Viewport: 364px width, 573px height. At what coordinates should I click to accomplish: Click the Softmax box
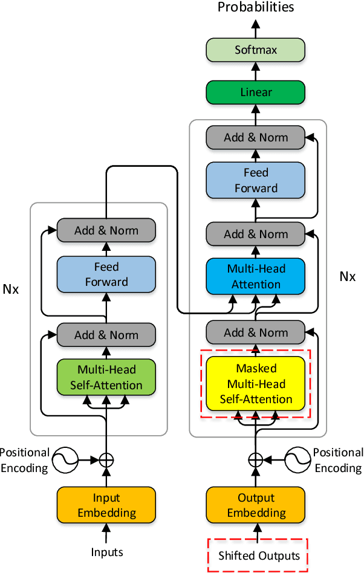256,50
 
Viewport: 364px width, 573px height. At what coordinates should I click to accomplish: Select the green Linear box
256,92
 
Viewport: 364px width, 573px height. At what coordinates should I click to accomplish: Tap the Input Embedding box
106,505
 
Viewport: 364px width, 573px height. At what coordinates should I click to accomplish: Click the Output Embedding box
256,505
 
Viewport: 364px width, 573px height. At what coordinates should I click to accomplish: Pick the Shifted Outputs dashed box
258,555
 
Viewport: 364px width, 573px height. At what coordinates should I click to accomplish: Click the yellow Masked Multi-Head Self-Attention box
256,384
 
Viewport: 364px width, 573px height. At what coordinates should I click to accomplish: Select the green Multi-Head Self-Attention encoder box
106,377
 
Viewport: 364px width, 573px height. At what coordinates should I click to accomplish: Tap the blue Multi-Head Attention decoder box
256,276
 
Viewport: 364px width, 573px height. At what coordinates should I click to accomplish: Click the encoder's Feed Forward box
106,274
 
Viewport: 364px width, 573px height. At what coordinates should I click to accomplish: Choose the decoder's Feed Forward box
256,180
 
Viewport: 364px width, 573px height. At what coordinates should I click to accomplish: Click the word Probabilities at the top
256,7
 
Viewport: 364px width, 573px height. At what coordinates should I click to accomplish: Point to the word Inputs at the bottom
107,552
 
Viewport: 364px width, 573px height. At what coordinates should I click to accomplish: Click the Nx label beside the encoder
11,289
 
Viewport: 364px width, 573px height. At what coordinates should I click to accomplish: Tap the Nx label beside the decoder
347,276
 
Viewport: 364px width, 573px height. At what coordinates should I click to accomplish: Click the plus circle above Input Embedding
106,459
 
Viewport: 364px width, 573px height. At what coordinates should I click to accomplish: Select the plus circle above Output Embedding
256,459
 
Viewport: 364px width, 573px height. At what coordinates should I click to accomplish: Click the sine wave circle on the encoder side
65,461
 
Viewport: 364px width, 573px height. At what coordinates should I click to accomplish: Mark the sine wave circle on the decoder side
297,461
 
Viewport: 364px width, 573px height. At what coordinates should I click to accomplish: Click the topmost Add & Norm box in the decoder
256,137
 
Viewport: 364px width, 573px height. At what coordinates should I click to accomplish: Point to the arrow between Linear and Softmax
256,71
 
